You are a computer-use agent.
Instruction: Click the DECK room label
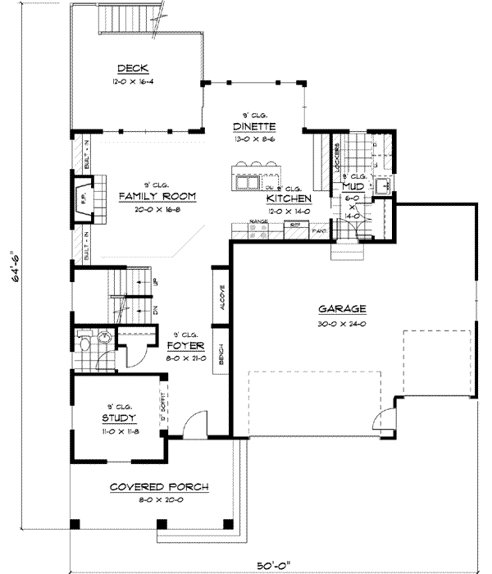(x=131, y=68)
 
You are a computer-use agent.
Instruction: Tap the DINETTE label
(x=253, y=125)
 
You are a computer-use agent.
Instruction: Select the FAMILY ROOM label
(x=156, y=196)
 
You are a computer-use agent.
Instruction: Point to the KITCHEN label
(x=288, y=198)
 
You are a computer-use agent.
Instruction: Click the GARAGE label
(x=342, y=309)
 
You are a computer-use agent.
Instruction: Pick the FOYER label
(x=185, y=345)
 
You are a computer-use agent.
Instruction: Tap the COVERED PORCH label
(x=159, y=486)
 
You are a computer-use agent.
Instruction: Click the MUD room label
(x=353, y=187)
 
